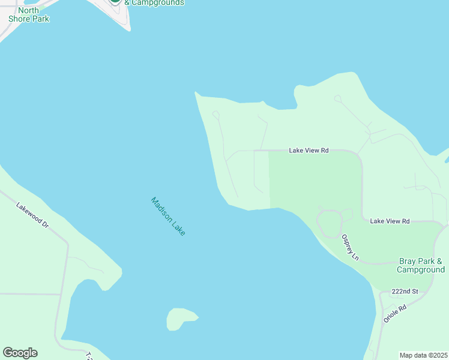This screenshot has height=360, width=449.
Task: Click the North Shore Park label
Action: click(x=29, y=14)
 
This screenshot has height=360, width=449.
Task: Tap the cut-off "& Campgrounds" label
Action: click(x=154, y=3)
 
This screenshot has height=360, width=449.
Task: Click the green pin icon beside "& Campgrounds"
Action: click(x=115, y=2)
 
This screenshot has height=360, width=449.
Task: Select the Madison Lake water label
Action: click(x=168, y=216)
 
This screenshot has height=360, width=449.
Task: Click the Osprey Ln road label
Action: click(x=350, y=247)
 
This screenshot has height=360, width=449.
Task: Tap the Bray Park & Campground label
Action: click(x=421, y=265)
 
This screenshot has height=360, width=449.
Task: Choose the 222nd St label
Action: click(x=404, y=292)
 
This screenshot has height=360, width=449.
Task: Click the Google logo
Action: click(x=20, y=353)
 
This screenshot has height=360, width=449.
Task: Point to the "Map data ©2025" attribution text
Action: click(x=423, y=355)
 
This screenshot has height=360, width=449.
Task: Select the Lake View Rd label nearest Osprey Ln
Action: click(x=390, y=221)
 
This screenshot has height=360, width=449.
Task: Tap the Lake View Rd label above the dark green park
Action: click(x=309, y=151)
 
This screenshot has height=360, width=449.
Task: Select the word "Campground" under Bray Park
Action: click(x=421, y=270)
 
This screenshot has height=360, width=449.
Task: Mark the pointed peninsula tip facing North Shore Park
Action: click(x=196, y=93)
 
